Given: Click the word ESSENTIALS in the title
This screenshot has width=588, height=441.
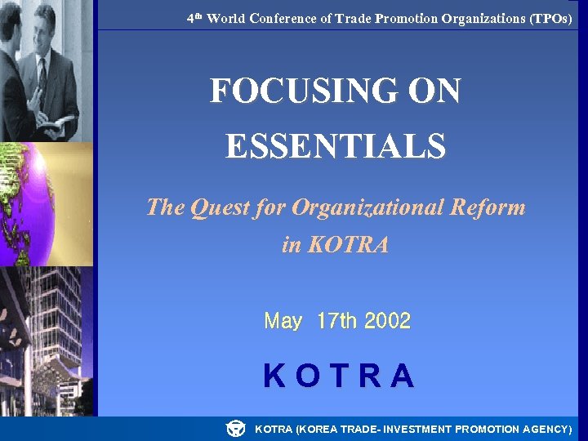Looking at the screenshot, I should pyautogui.click(x=336, y=147).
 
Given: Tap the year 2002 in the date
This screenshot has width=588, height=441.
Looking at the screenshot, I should pyautogui.click(x=388, y=321).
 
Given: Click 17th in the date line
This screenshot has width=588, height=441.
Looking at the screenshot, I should pyautogui.click(x=336, y=321).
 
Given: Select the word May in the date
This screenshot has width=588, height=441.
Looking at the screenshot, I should pyautogui.click(x=283, y=321).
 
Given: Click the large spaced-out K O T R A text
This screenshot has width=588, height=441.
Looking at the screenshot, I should pyautogui.click(x=338, y=376).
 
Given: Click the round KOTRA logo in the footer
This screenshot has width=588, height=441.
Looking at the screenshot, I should pyautogui.click(x=235, y=428).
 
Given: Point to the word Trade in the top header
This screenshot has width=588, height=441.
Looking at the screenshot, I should pyautogui.click(x=354, y=18).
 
